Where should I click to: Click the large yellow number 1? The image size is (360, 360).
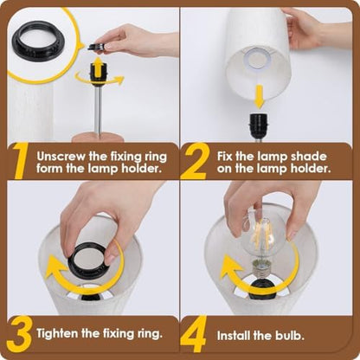coord(19,162)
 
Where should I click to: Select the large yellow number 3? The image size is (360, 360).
coord(20,335)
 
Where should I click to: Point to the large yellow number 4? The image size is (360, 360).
coord(194,334)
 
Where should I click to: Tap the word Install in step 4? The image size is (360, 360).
coord(234,336)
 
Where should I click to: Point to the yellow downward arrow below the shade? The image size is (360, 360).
coord(260,96)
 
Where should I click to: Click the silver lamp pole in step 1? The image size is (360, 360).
coord(98,112)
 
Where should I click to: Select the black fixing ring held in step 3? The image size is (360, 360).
coord(89,261)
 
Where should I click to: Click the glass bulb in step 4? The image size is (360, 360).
coord(262,237)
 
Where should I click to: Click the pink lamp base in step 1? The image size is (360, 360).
coord(97,138)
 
